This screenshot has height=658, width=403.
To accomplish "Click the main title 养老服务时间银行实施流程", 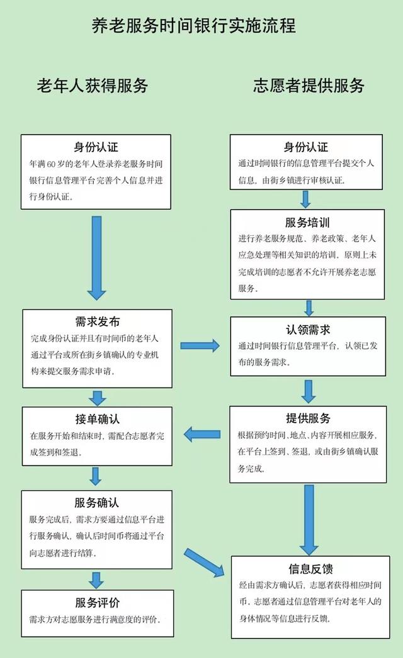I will click(x=194, y=26).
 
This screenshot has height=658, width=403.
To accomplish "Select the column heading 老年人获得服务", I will click(x=93, y=86).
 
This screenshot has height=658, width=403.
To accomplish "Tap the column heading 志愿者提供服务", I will click(x=309, y=86).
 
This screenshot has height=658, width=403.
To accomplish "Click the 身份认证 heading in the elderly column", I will click(x=96, y=148).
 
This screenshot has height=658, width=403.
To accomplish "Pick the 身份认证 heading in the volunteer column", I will click(x=306, y=148).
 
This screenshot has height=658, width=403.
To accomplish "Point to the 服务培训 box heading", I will click(x=307, y=223).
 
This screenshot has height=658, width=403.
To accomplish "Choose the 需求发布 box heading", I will click(x=97, y=322).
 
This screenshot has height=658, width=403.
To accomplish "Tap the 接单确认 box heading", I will click(x=97, y=419).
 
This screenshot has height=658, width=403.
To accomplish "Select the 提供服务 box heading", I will click(x=307, y=418).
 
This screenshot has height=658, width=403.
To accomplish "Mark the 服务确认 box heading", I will click(x=96, y=503).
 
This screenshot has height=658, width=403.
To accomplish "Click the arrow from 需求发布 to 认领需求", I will click(x=200, y=345).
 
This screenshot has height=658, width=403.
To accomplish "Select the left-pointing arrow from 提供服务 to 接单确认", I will click(x=201, y=433).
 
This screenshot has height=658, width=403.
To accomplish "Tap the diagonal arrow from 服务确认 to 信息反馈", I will click(x=205, y=562).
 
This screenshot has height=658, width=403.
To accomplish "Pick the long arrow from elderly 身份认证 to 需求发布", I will click(x=97, y=257).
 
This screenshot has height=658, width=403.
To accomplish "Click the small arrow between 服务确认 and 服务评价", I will click(x=96, y=579).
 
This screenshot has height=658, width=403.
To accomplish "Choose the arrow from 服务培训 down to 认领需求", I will click(x=309, y=308).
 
